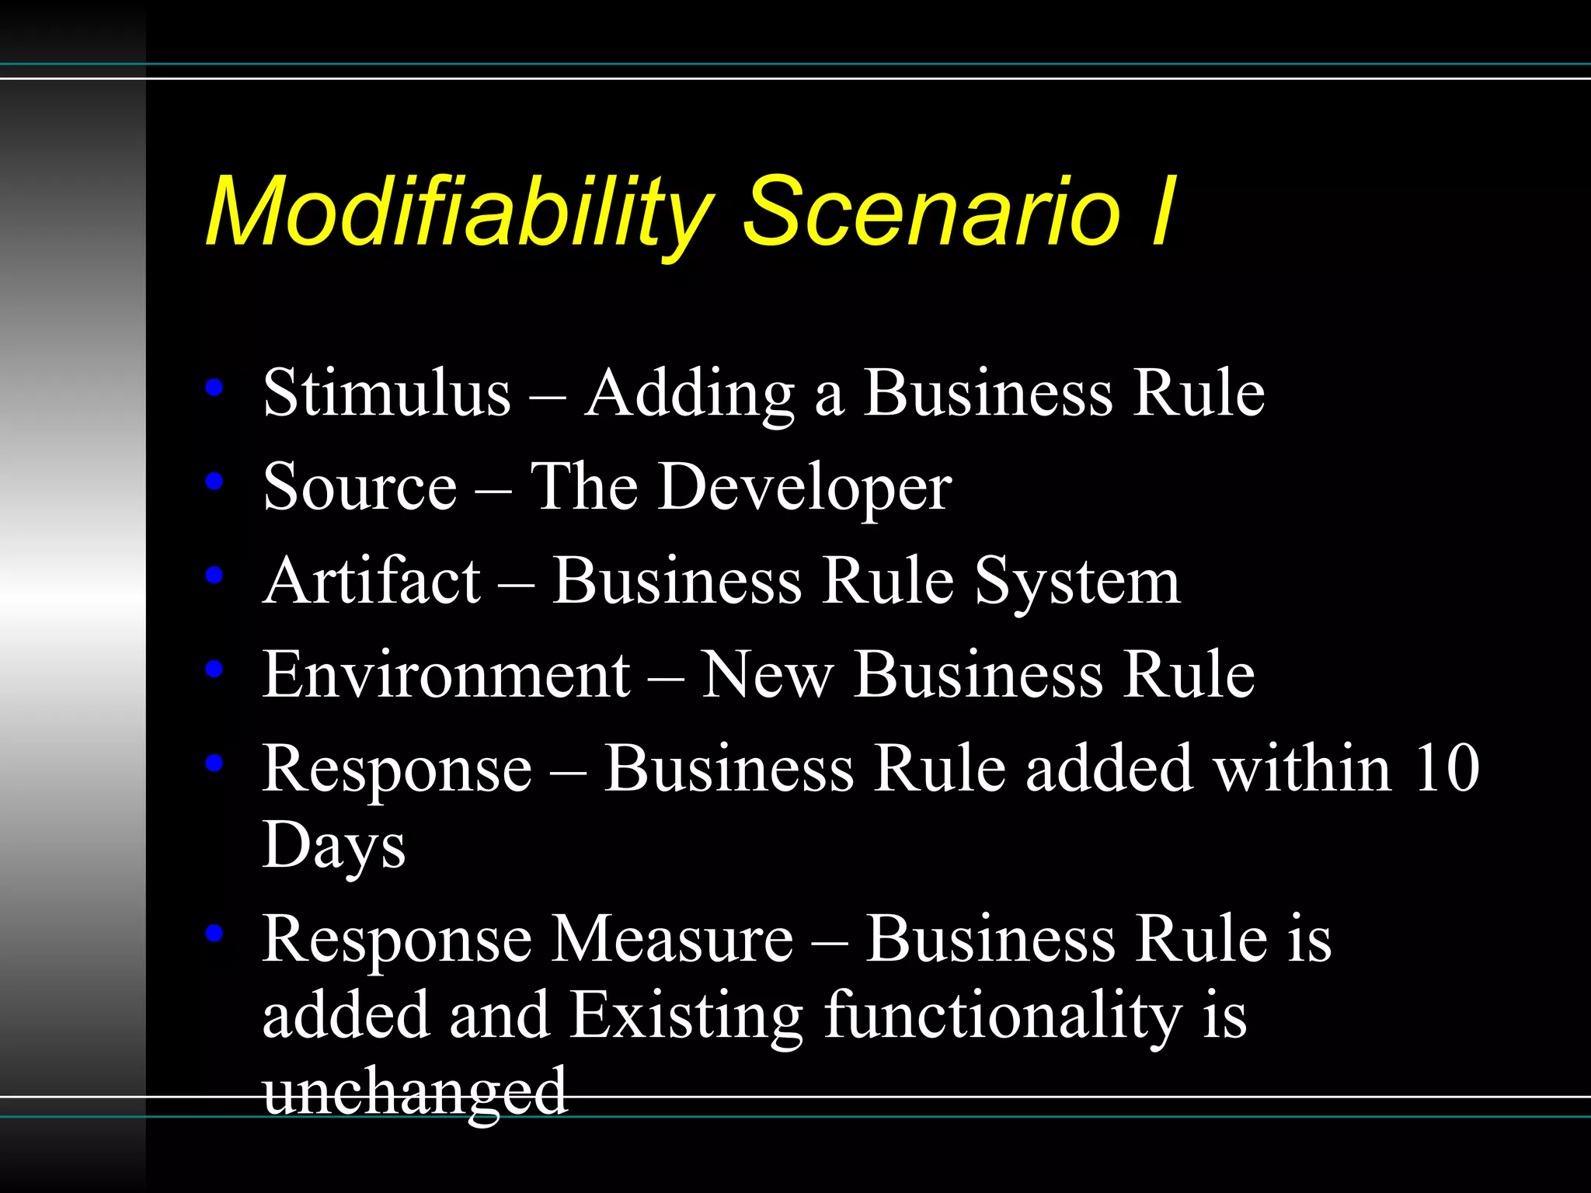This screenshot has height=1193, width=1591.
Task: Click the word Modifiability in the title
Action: [x=458, y=211]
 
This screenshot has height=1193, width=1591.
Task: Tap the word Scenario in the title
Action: [x=932, y=211]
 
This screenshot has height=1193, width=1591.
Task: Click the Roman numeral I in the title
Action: [x=1162, y=211]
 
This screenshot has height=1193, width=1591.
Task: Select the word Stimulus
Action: [x=387, y=393]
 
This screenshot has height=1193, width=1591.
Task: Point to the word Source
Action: [x=360, y=487]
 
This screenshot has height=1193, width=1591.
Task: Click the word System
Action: [x=1078, y=583]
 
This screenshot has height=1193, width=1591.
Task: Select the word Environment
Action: [x=446, y=674]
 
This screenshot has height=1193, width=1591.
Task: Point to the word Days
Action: [x=334, y=847]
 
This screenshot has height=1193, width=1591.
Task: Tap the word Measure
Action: [x=673, y=940]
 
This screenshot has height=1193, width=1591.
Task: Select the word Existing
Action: [x=687, y=1016]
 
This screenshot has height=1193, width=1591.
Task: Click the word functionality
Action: [x=1002, y=1016]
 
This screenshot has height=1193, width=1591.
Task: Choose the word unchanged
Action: [x=415, y=1091]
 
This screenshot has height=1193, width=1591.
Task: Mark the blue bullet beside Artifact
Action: [x=214, y=576]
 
